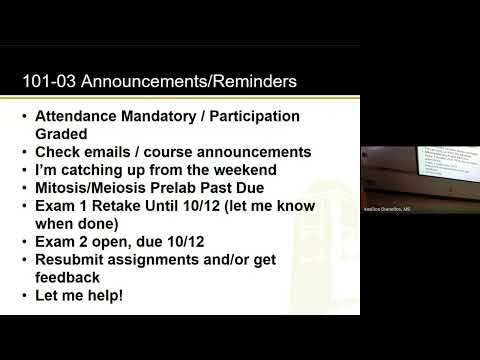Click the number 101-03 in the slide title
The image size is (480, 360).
[x=50, y=80]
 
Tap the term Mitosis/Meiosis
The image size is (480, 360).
[x=103, y=188]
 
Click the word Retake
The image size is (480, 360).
[x=134, y=206]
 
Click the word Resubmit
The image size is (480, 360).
[x=85, y=260]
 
